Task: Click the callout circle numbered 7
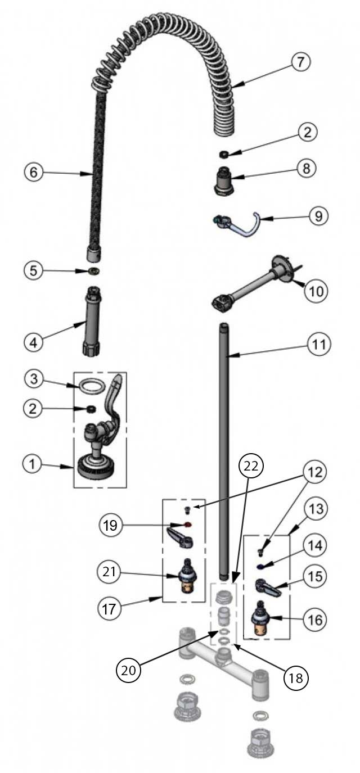300,62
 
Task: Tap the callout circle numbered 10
316,291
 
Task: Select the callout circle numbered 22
251,466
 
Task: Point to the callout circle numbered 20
128,670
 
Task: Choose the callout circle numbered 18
296,678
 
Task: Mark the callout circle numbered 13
316,509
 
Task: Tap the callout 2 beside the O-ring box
33,409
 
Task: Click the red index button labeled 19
188,525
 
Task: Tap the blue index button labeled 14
262,566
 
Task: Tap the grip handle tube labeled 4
92,321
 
